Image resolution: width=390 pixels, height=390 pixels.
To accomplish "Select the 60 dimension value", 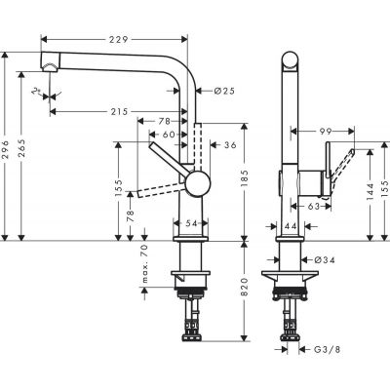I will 169,135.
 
